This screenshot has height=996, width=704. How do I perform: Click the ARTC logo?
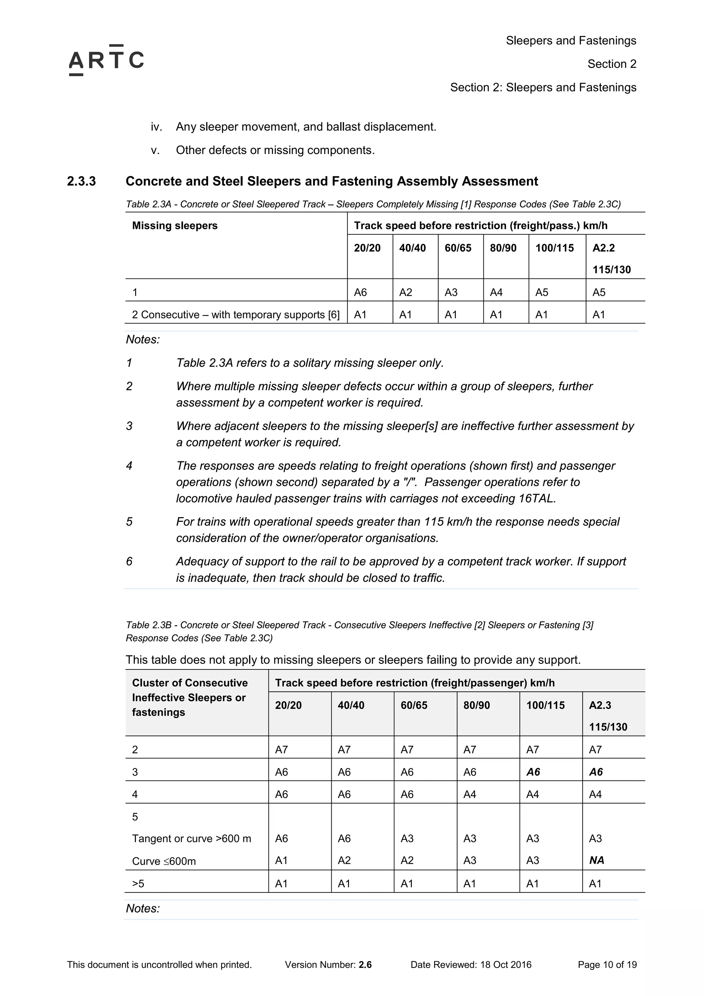(x=106, y=60)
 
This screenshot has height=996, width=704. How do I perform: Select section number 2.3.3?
(x=81, y=181)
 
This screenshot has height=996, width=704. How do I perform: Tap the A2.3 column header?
(x=600, y=705)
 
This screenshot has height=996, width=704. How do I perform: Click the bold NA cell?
(x=596, y=860)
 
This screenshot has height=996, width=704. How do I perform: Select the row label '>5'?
(x=138, y=884)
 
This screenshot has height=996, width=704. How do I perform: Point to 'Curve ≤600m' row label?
(x=164, y=861)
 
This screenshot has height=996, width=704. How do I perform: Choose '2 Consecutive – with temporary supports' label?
(x=235, y=315)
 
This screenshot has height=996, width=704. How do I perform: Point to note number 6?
(x=129, y=561)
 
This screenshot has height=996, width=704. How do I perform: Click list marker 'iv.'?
(x=156, y=127)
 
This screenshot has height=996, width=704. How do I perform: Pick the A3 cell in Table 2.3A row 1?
(x=451, y=292)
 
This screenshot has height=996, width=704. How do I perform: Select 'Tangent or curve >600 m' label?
(x=191, y=839)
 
